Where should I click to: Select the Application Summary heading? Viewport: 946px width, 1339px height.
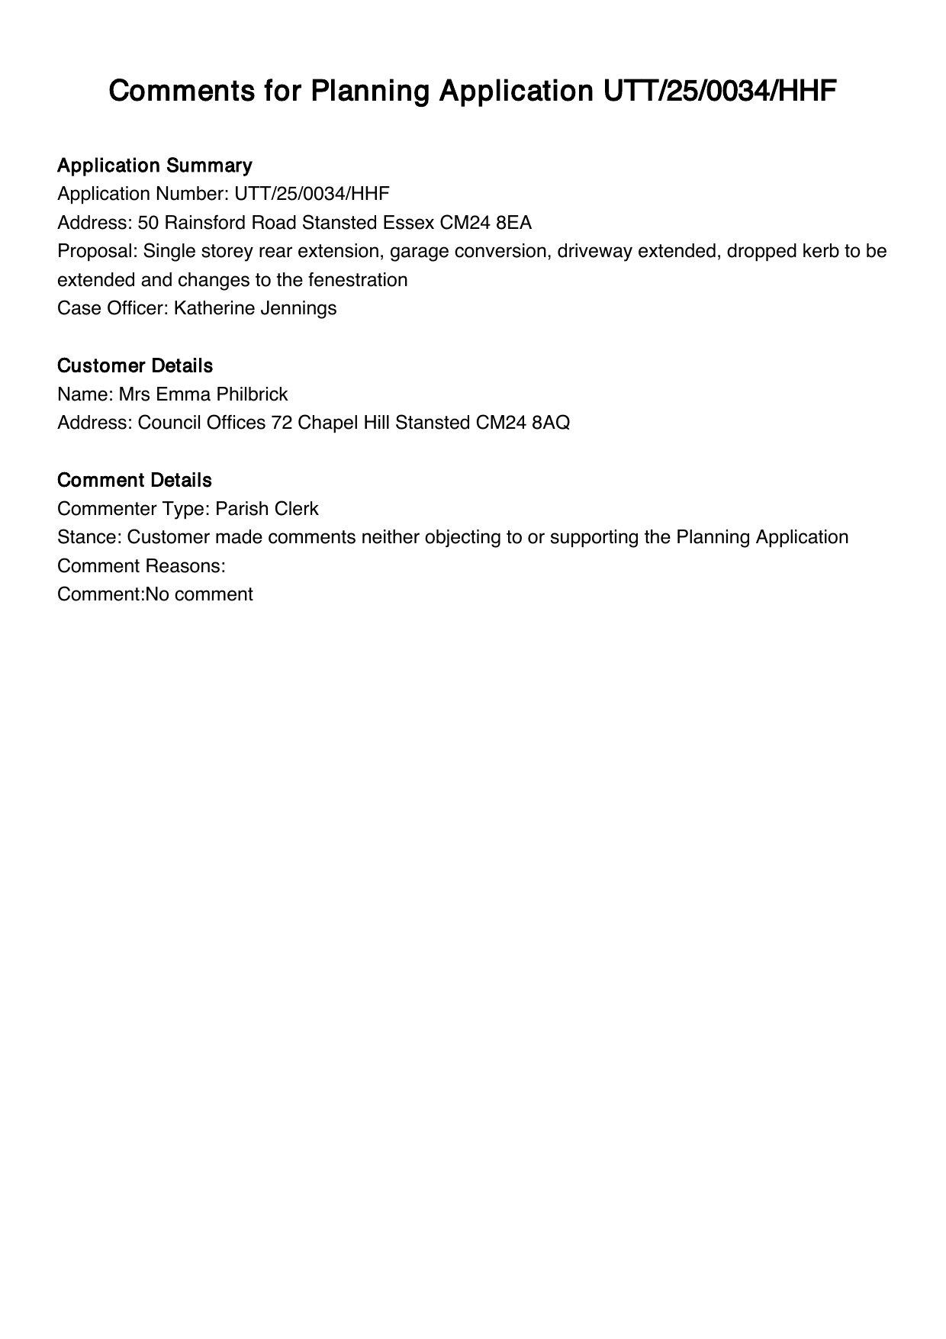pos(155,166)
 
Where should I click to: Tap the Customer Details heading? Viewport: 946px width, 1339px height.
pos(135,366)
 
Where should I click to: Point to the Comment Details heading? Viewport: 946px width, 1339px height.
pos(134,481)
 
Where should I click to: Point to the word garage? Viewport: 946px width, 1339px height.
pos(417,252)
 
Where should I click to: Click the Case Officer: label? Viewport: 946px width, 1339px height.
pos(113,308)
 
